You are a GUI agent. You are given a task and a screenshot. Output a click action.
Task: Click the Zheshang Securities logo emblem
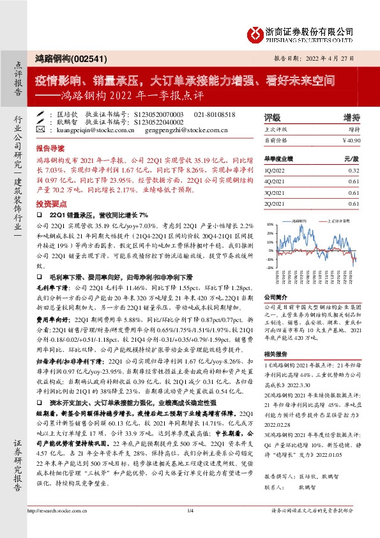255,33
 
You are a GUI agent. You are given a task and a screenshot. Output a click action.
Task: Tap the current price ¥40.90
351,139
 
